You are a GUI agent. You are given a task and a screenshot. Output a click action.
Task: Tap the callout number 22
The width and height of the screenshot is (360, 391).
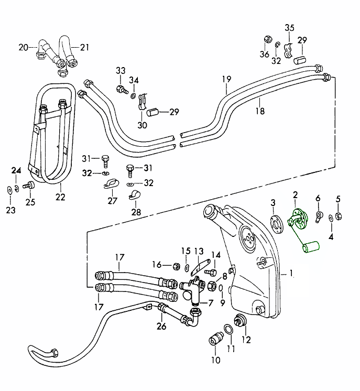pos(60,197)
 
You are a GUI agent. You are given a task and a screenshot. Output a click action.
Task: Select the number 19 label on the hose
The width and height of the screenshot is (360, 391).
pos(226,80)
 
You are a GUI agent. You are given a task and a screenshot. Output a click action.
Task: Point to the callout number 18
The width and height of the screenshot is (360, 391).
pos(260,111)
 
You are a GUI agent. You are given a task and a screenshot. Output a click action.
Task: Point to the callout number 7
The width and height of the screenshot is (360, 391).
pos(211,303)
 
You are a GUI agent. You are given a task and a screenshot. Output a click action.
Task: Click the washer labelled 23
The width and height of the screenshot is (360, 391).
pos(10,189)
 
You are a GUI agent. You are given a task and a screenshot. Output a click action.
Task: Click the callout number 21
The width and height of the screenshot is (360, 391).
pos(84,47)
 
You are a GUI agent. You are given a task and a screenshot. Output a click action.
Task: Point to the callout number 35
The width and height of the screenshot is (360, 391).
pos(290,27)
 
